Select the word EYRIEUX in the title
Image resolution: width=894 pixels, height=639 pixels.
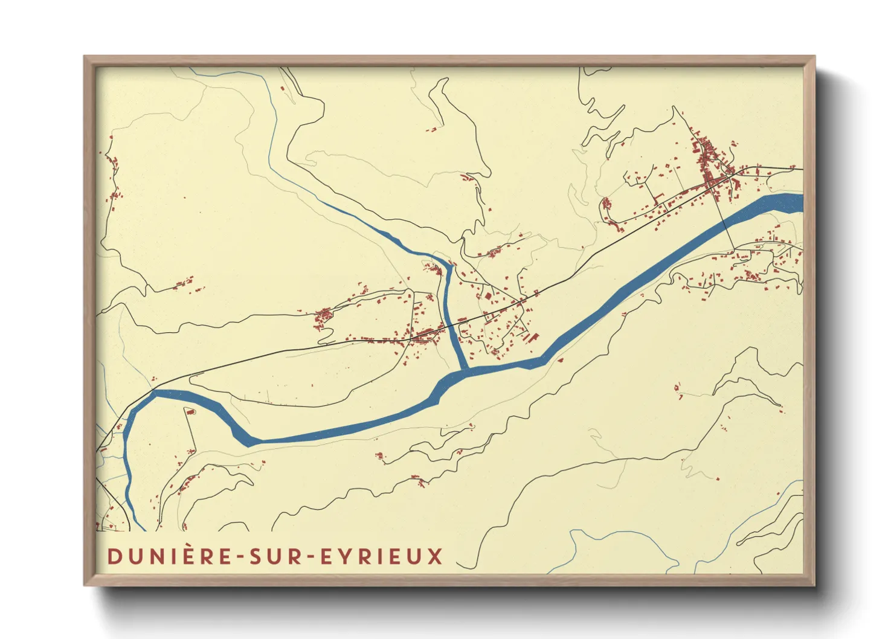pyautogui.click(x=382, y=557)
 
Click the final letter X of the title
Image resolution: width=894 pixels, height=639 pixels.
pyautogui.click(x=436, y=557)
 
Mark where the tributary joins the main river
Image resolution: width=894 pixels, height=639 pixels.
pyautogui.click(x=465, y=368)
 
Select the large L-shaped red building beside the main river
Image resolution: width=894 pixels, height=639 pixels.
pyautogui.click(x=532, y=338)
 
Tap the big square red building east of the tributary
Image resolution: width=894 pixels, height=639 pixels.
pyautogui.click(x=487, y=296)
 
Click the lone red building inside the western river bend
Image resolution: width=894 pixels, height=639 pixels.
pyautogui.click(x=190, y=412)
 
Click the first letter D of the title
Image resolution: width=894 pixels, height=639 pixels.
pyautogui.click(x=113, y=557)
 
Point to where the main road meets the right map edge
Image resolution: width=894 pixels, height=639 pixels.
pyautogui.click(x=802, y=170)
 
